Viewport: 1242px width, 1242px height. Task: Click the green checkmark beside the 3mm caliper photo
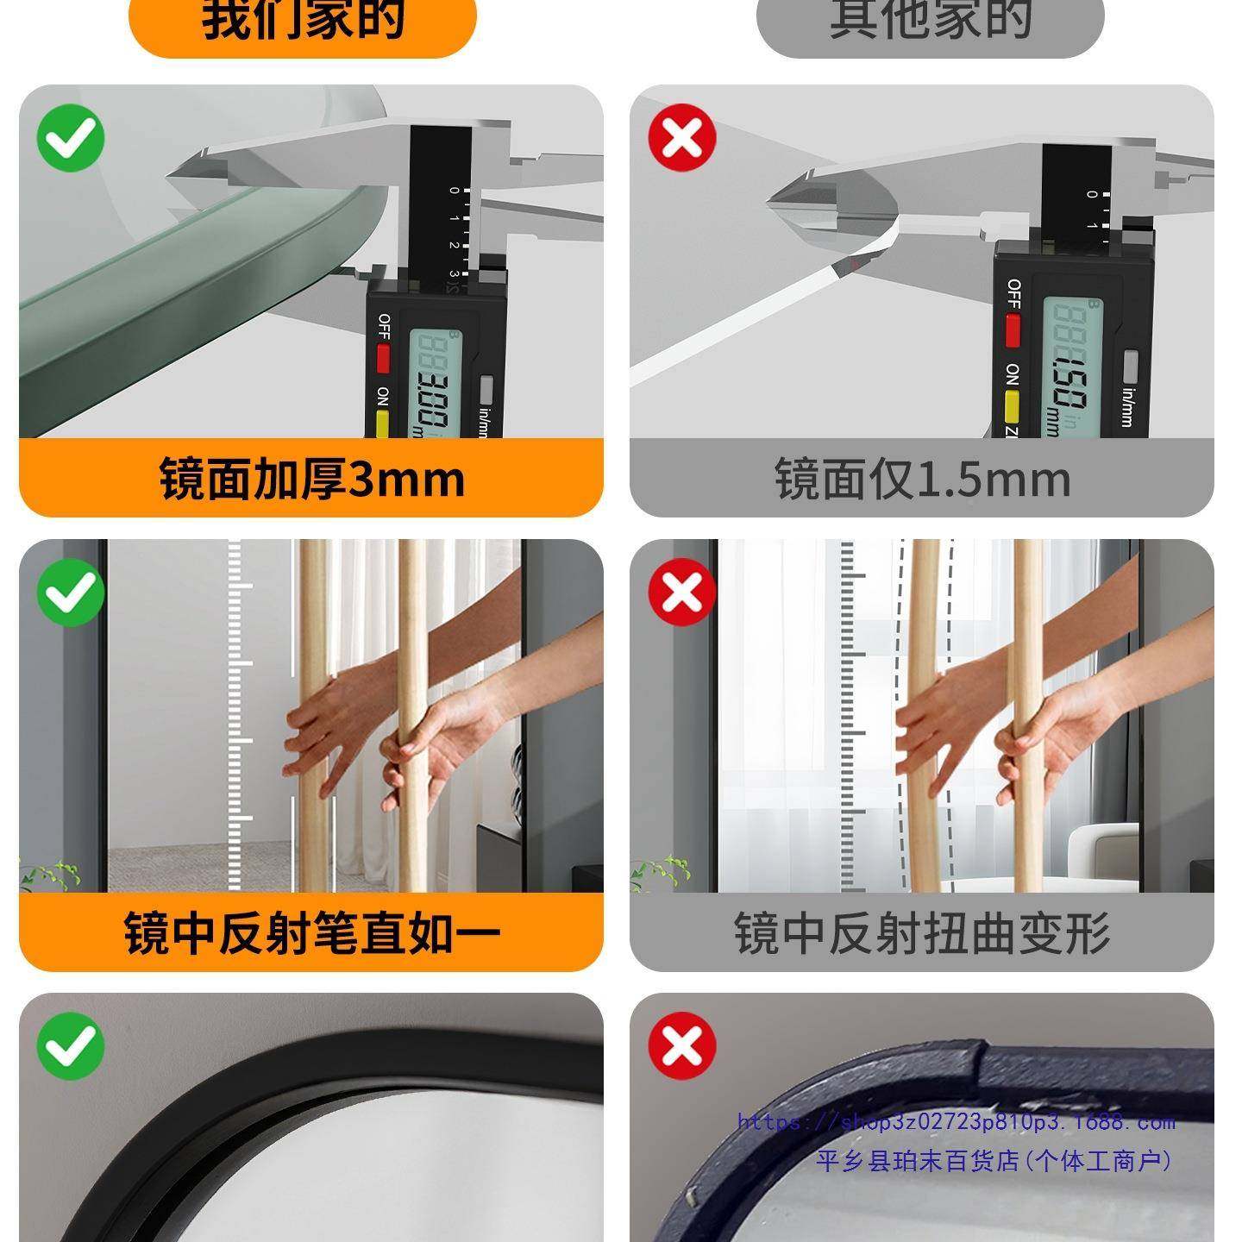coord(71,138)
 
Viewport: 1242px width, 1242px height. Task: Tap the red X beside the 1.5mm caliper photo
coord(682,138)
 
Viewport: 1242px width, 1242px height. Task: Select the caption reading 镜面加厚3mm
coord(311,479)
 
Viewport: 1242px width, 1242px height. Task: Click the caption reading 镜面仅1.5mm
coord(922,479)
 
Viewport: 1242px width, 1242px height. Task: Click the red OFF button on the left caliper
coord(383,357)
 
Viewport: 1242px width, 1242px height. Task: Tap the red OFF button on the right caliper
coord(1013,329)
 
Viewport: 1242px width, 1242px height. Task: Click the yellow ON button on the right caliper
coord(1013,405)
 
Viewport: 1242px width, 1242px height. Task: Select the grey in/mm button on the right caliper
coord(1131,366)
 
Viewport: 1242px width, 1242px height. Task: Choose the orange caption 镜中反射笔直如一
coord(311,932)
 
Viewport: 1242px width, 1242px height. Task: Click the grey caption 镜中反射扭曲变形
coord(922,932)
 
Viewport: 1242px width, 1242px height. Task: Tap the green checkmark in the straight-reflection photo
coord(71,593)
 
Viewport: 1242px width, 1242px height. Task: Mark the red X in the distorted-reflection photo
coord(682,593)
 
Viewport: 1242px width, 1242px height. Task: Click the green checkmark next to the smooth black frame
coord(71,1046)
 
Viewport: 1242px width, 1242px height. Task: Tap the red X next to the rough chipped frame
coord(682,1046)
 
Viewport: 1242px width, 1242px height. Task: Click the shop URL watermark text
coord(956,1122)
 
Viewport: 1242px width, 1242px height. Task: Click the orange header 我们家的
coord(303,21)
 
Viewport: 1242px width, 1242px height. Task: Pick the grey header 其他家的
coord(930,21)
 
